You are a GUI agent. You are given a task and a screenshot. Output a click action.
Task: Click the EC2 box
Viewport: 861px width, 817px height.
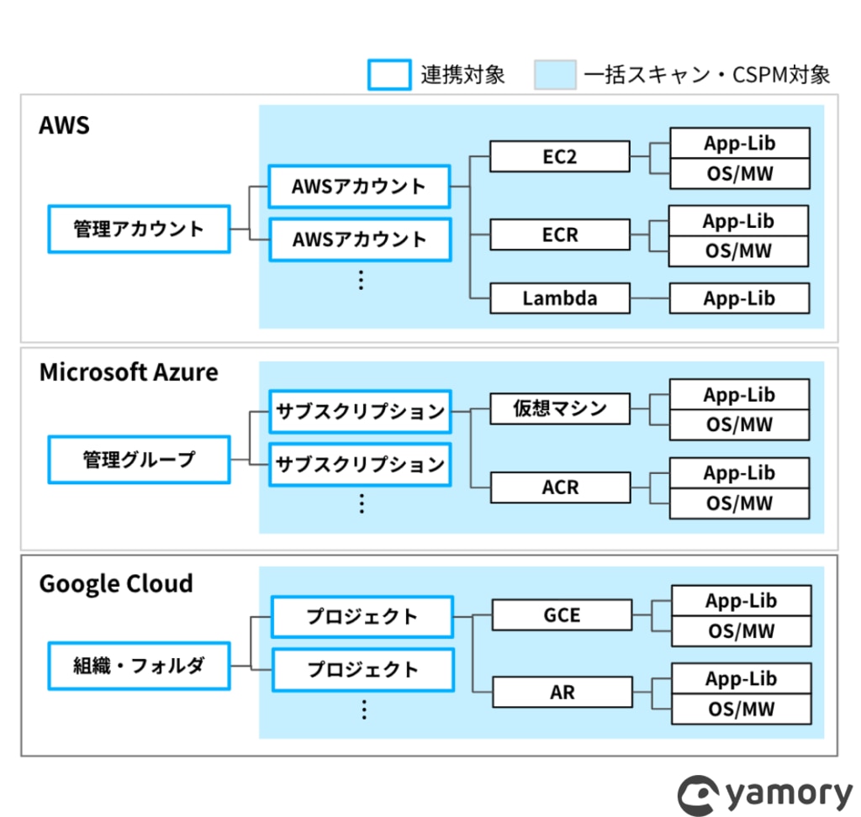coord(559,156)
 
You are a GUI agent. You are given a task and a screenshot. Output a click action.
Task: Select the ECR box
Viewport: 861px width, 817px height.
coord(559,235)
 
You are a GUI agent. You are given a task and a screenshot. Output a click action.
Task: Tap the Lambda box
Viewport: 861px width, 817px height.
coord(559,298)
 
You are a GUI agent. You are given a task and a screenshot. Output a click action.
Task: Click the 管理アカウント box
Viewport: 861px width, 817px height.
coord(139,229)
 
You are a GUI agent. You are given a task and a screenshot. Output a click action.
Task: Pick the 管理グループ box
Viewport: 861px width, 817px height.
coord(139,460)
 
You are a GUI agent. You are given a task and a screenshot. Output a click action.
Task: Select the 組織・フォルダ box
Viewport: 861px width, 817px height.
coord(139,666)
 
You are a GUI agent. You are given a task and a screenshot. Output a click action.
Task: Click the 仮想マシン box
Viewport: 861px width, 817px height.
coord(559,408)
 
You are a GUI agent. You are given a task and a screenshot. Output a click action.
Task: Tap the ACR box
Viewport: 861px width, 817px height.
coord(560,487)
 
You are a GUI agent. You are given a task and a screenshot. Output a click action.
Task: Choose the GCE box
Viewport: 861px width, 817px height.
coord(562,614)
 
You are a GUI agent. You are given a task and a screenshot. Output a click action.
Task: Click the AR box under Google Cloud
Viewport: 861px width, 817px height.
coord(563,692)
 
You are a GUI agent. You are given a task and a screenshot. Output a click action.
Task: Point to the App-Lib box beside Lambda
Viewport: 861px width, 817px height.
coord(739,298)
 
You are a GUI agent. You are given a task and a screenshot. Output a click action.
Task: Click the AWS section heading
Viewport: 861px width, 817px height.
coord(64,125)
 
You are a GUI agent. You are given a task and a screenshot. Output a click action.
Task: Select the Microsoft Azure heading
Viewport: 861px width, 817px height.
coord(129,372)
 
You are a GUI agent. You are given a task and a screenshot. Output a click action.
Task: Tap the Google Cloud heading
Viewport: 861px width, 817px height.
coord(116,583)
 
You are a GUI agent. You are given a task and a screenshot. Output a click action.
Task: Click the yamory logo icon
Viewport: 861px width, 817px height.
coord(698,795)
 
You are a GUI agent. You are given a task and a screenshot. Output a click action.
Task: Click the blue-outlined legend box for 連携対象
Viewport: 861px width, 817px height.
coord(389,75)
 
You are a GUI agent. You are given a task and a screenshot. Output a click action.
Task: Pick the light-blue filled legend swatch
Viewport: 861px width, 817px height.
coord(555,75)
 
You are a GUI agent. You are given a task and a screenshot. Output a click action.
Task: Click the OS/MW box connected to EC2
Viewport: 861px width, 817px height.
coord(740,174)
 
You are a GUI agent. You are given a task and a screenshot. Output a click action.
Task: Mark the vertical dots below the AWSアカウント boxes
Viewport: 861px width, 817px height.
coord(361,280)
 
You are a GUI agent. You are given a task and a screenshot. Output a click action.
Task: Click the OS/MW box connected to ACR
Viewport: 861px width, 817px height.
coord(739,503)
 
